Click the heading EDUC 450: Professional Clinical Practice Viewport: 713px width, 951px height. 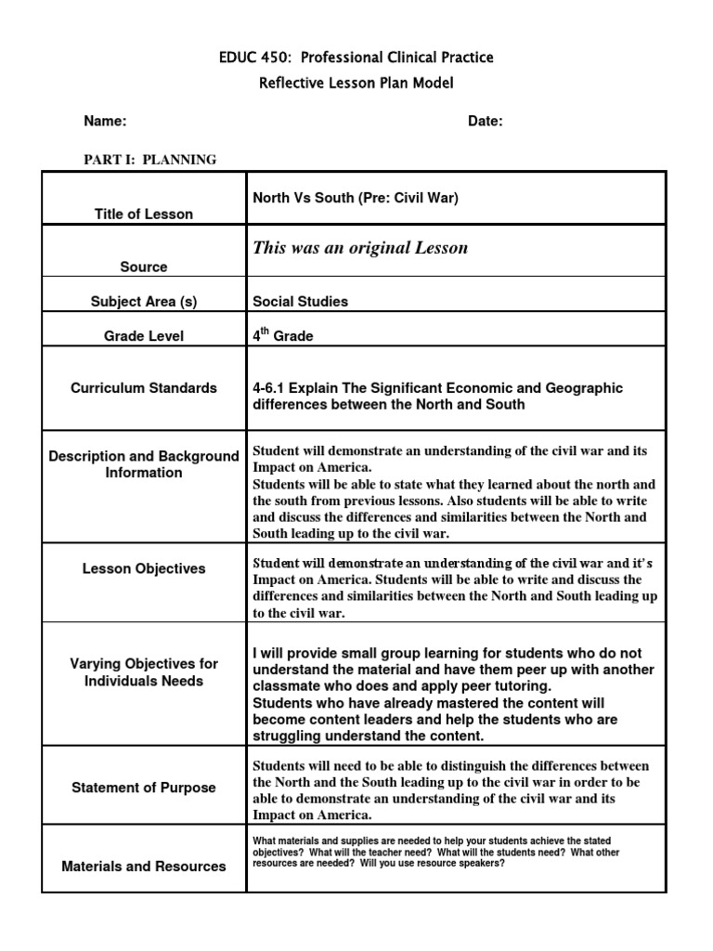pyautogui.click(x=356, y=58)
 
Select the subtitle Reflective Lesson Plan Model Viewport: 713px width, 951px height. pyautogui.click(x=356, y=84)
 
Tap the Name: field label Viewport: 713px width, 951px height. pyautogui.click(x=105, y=122)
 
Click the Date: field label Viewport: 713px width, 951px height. pyautogui.click(x=486, y=122)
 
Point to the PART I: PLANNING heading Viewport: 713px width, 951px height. pyautogui.click(x=150, y=160)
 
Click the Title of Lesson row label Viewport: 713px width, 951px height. pyautogui.click(x=144, y=215)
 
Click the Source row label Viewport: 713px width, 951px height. pyautogui.click(x=144, y=267)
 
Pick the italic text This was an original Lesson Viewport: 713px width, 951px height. pyautogui.click(x=360, y=248)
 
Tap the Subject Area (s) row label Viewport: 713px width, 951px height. pyautogui.click(x=144, y=302)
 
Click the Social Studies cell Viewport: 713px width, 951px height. pyautogui.click(x=301, y=302)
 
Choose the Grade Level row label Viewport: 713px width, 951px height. pyautogui.click(x=144, y=336)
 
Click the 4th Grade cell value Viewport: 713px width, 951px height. pyautogui.click(x=283, y=336)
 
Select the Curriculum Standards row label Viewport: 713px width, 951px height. pyautogui.click(x=144, y=388)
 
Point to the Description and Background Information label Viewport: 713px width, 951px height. pyautogui.click(x=144, y=464)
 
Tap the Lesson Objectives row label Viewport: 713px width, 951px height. pyautogui.click(x=144, y=568)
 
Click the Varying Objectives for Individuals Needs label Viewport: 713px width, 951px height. pyautogui.click(x=144, y=672)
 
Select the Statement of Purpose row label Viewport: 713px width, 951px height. pyautogui.click(x=144, y=788)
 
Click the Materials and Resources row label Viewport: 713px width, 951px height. pyautogui.click(x=144, y=866)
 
